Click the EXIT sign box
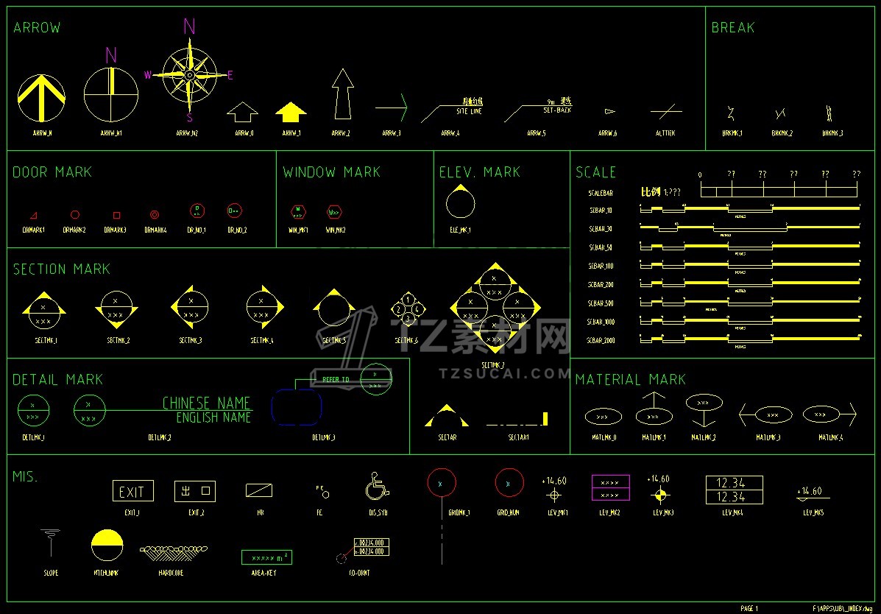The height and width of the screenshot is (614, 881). pos(132,492)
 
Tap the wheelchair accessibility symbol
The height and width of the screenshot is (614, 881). pos(377,487)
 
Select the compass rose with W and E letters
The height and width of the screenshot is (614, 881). pos(190,74)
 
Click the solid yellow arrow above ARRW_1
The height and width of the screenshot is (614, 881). pos(291,112)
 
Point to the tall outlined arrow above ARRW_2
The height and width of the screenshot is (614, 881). pos(342,94)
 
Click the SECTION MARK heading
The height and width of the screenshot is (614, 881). pos(62,269)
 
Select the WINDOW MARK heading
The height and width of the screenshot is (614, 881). pos(331,172)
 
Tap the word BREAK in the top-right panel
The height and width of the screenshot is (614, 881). pos(732,28)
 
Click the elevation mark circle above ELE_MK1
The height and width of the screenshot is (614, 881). pos(460,201)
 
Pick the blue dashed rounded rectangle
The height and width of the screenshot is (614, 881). pos(297,407)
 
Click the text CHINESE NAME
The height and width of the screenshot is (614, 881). pos(206,403)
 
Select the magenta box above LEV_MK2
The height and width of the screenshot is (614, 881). pos(610,487)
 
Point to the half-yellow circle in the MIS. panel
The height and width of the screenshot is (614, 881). pos(107,545)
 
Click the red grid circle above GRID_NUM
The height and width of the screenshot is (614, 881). pos(508,483)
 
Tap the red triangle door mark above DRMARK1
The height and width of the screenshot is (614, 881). pos(33,216)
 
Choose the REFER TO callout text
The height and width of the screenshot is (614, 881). pos(336,381)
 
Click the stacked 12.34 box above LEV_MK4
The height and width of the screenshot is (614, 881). pos(734,490)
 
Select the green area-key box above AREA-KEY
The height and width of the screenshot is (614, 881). pos(266,557)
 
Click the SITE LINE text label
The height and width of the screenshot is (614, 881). pos(469,111)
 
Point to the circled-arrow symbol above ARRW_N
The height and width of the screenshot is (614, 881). pos(41,99)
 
